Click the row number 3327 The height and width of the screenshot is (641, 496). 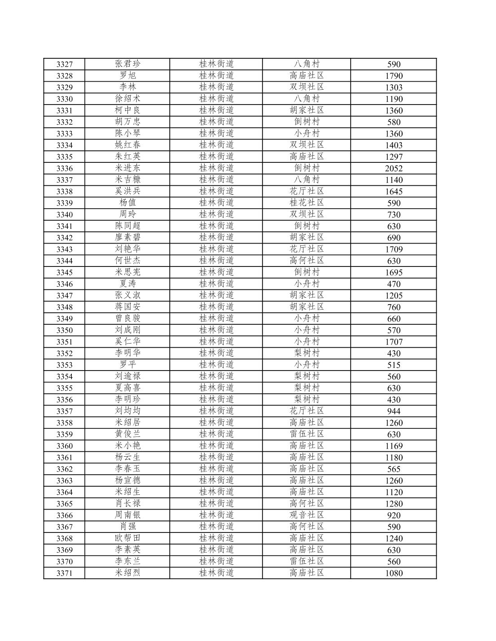click(x=64, y=64)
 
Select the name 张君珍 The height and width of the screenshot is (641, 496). click(x=127, y=64)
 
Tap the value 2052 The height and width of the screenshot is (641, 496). click(x=394, y=168)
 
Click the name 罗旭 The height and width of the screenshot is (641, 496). click(x=127, y=76)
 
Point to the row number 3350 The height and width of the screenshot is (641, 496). click(x=64, y=330)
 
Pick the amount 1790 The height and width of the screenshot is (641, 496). click(x=394, y=76)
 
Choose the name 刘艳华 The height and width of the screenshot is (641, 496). click(x=127, y=249)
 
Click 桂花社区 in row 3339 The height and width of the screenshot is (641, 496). click(x=307, y=203)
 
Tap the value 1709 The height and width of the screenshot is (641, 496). click(x=394, y=249)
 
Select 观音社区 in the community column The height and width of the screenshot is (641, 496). click(x=307, y=515)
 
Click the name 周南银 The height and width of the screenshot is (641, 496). click(x=127, y=515)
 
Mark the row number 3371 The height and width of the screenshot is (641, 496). click(x=64, y=573)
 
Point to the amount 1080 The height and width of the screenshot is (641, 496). click(x=394, y=573)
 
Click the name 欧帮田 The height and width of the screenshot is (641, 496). click(x=127, y=538)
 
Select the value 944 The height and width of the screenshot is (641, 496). click(x=394, y=411)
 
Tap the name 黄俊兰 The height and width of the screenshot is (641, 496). click(x=127, y=434)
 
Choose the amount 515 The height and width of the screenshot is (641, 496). click(x=394, y=365)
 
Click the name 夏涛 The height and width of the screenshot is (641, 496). click(x=127, y=284)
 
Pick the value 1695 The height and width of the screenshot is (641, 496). click(x=394, y=272)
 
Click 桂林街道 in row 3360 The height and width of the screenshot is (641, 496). click(x=216, y=446)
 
